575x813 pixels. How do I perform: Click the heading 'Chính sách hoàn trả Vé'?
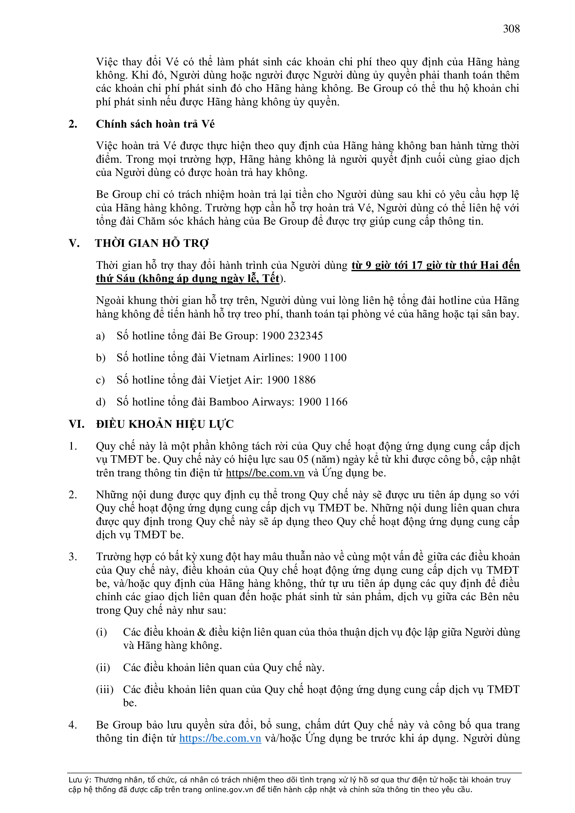155,124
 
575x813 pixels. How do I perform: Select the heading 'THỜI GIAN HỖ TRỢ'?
152,243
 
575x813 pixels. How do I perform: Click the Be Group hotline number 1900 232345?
292,336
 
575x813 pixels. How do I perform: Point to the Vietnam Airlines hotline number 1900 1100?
322,357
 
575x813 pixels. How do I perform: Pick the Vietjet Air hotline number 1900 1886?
291,380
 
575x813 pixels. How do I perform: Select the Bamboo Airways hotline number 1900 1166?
323,402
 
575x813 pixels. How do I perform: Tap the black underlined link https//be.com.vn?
265,473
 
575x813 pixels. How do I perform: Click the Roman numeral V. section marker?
74,243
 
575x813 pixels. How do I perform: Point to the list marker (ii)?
103,667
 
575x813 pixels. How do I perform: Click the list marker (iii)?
104,690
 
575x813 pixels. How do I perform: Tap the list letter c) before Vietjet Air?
100,380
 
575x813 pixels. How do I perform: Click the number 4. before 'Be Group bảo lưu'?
73,725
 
